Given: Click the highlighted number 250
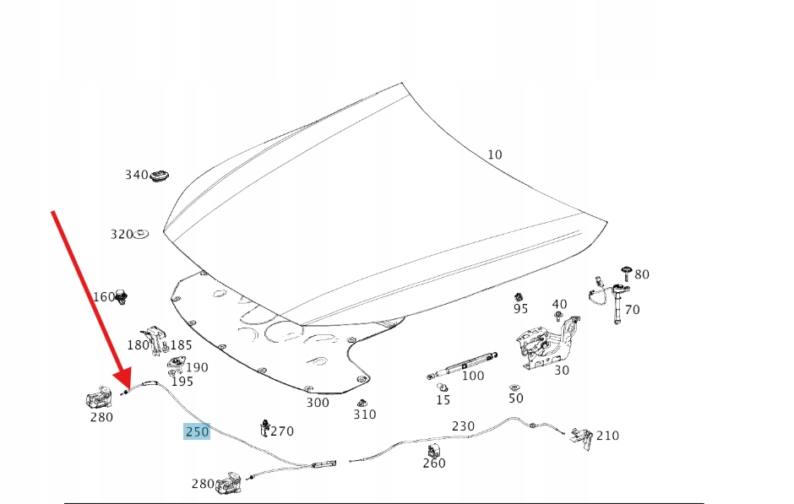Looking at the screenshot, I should point(197,431).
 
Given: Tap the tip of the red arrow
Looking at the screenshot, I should point(123,385).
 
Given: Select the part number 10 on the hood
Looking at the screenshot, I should point(494,154).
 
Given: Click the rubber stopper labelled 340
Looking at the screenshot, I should point(160,176).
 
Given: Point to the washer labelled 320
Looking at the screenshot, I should point(141,234).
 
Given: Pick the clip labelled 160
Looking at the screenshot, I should point(122,296).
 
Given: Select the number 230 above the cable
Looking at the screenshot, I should point(463,426).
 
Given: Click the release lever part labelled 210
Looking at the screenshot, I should point(581,436).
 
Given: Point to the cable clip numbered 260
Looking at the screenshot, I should point(434,451).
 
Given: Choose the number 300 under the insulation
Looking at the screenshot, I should point(318,403).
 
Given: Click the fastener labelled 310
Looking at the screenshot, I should point(362,403).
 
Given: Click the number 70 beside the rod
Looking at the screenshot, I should point(632,310).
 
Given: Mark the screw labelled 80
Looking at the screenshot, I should point(626,271).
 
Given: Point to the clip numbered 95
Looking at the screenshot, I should point(519,296).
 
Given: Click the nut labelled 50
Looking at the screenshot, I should point(514,387).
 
